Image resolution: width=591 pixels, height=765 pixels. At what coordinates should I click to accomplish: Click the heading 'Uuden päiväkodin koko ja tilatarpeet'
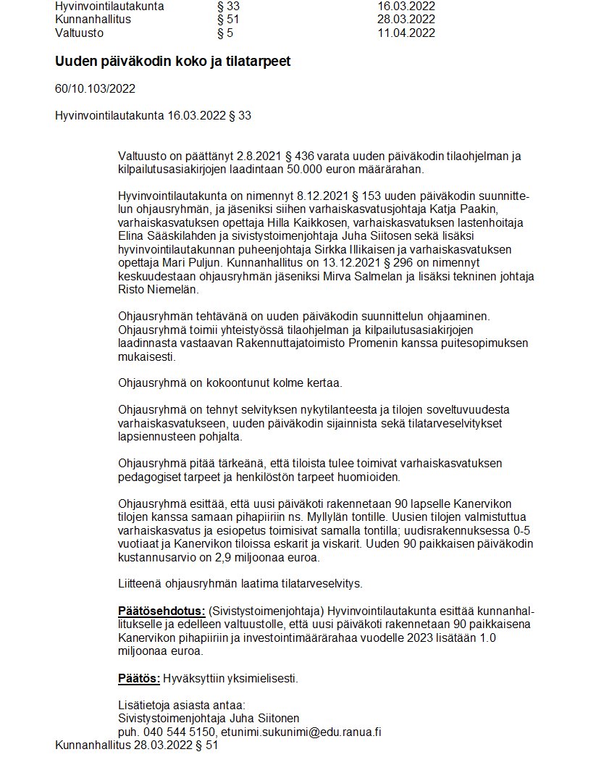(x=172, y=62)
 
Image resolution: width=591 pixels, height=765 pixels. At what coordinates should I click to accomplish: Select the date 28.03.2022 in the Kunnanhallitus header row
(x=406, y=20)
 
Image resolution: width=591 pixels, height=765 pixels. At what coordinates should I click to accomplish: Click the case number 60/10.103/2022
(x=95, y=89)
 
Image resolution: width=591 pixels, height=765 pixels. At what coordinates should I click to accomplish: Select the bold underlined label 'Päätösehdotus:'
(x=162, y=611)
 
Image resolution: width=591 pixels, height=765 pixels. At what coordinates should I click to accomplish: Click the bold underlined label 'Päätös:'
(x=138, y=678)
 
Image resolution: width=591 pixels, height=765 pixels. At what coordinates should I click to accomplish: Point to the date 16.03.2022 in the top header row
(x=406, y=7)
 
